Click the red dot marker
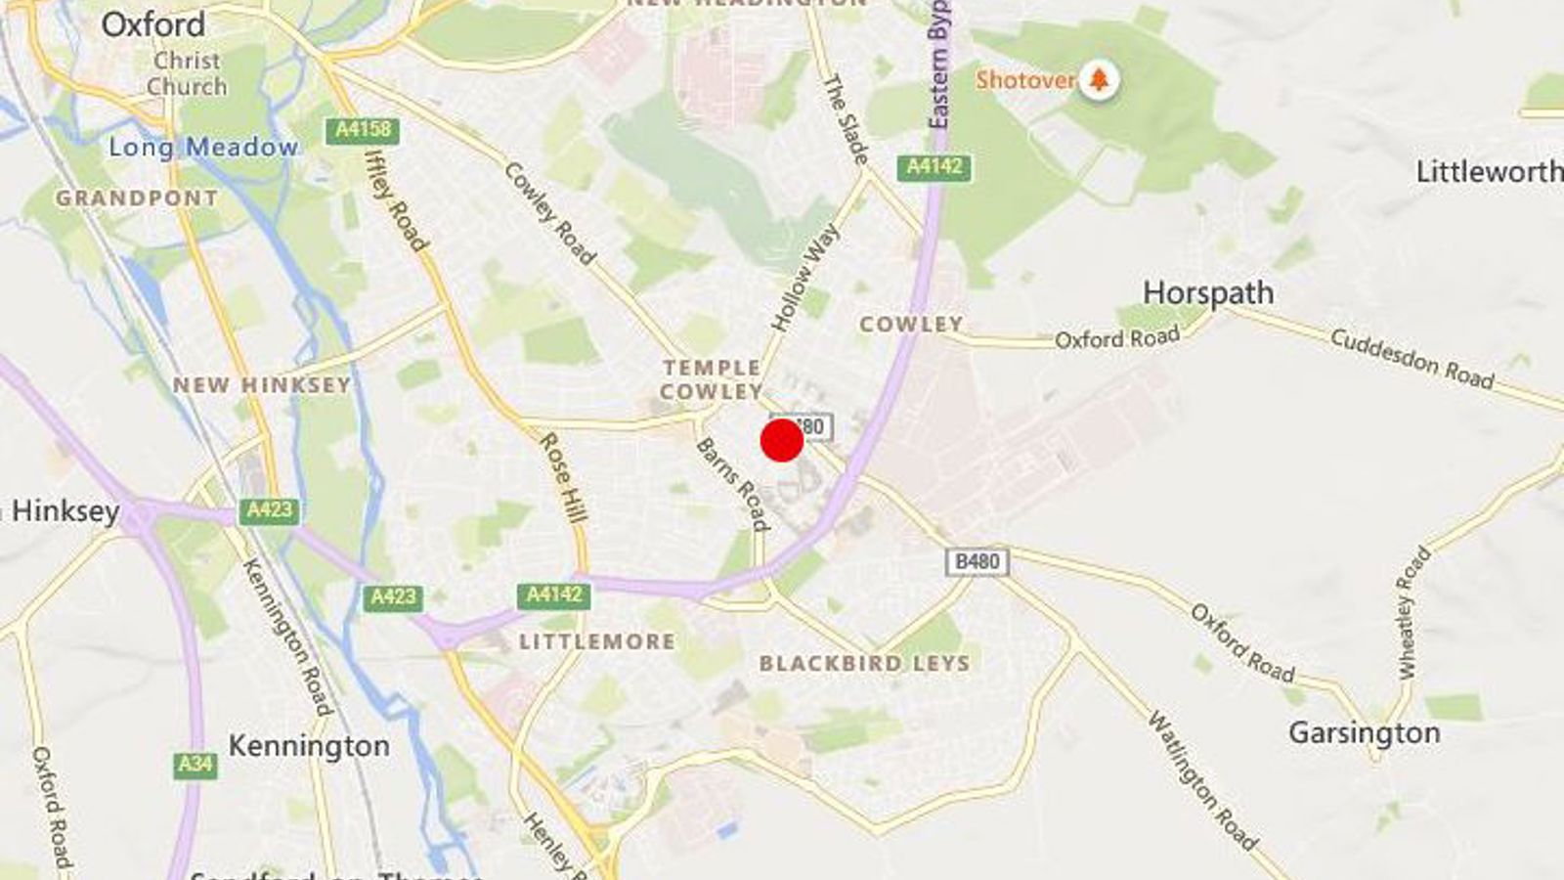(x=782, y=440)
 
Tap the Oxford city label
(x=153, y=24)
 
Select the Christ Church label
(x=187, y=73)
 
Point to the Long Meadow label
(x=203, y=148)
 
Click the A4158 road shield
(x=363, y=130)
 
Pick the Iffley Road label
(x=395, y=200)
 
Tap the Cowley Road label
(x=548, y=213)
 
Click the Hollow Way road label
(x=804, y=278)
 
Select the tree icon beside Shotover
(x=1099, y=79)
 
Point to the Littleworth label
(x=1489, y=172)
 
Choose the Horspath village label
(x=1208, y=293)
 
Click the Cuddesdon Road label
(x=1412, y=359)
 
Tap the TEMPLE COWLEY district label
(x=712, y=379)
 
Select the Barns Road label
(x=732, y=483)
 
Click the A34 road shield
(x=195, y=764)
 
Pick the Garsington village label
(x=1364, y=732)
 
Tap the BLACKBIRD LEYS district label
(x=864, y=663)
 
